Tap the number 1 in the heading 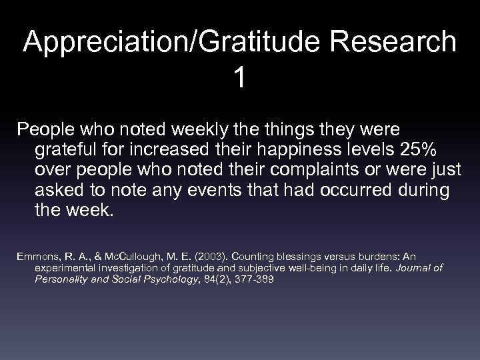click(x=239, y=78)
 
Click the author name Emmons click(x=34, y=257)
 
